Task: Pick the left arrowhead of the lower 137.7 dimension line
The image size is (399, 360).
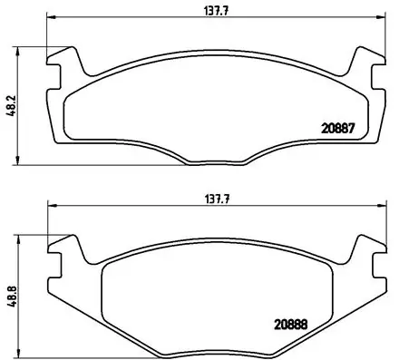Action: tap(51, 207)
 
